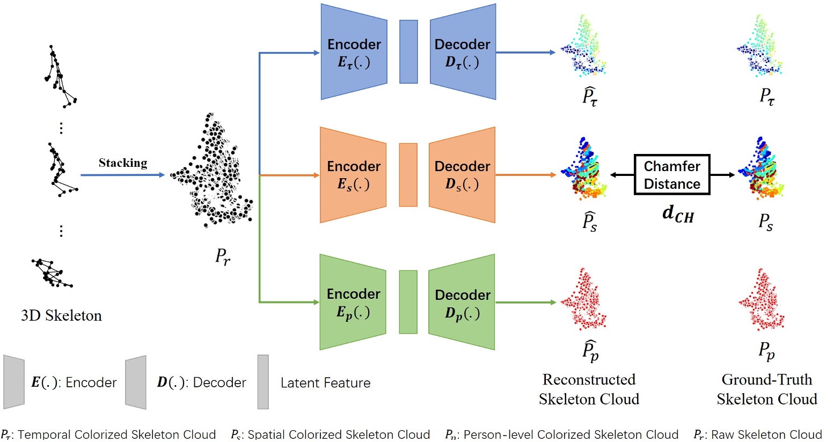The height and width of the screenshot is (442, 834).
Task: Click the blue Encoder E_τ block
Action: coord(354,52)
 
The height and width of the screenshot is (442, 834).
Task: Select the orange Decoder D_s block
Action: coord(462,175)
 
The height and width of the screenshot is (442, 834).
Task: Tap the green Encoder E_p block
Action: coord(353,302)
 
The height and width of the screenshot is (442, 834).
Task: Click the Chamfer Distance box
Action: coord(672,175)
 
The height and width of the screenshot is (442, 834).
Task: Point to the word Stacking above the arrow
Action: coord(122,163)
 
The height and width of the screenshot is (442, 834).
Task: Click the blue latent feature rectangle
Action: coord(408,52)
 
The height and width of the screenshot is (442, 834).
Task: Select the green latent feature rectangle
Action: coord(408,302)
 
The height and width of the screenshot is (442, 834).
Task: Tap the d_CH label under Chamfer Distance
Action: coord(677,214)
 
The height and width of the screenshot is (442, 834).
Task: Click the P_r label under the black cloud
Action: coord(223,256)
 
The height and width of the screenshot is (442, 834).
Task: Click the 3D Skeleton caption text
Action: coord(61,315)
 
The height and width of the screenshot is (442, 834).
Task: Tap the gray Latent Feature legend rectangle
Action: coord(263,382)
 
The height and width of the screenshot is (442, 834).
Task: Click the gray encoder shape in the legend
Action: coord(14,381)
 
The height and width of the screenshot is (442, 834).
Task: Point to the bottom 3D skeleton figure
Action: coord(51,272)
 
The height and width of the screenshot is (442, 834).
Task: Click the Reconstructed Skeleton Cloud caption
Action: coord(589,389)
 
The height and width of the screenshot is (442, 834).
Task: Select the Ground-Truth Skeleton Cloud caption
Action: coord(766,389)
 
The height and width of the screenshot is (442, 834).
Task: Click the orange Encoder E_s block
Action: coord(353,175)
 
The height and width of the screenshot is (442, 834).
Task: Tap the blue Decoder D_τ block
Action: coord(463,52)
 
